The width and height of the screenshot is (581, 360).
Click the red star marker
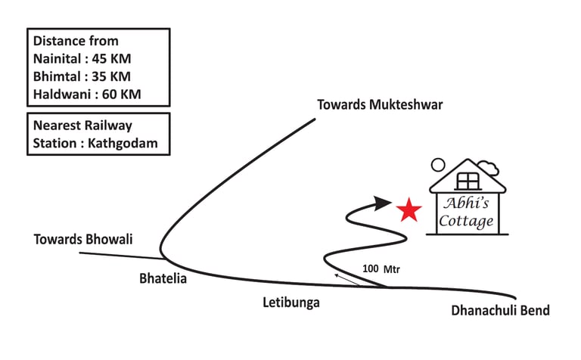pos(409,209)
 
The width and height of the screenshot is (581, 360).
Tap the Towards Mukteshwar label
pos(380,105)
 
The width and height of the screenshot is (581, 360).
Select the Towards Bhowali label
pos(83,240)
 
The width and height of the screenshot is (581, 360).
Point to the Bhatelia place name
pos(163,278)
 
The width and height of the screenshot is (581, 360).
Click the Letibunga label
pos(291,303)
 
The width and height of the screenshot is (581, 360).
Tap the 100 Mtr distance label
pos(381,268)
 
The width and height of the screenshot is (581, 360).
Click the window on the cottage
pos(468,181)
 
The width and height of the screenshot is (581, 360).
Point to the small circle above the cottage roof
pos(437,164)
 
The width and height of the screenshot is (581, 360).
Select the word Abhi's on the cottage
pos(467,204)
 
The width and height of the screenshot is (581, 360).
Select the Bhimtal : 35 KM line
pos(81,76)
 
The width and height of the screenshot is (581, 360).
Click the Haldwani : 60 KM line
pos(87,95)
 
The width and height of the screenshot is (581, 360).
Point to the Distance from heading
pos(76,41)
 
